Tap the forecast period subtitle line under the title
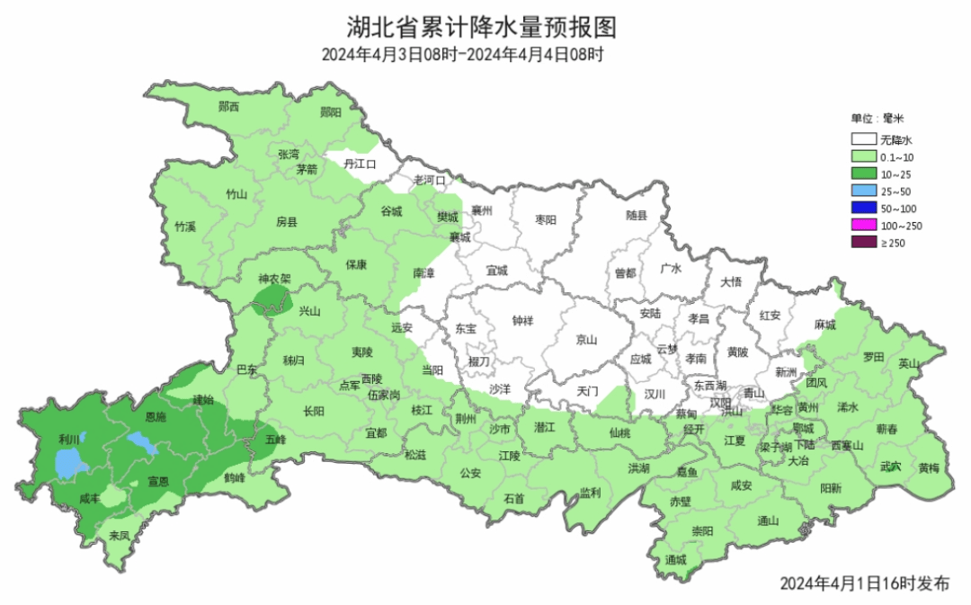[x=462, y=55]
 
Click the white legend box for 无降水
[x=864, y=139]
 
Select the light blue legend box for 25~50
[x=864, y=191]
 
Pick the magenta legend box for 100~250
[x=864, y=226]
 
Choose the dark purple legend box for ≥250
[x=864, y=243]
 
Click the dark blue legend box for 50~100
[x=864, y=209]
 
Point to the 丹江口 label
[x=358, y=164]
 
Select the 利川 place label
[x=69, y=439]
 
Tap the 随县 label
[x=636, y=216]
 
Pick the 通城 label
[x=675, y=559]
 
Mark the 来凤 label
[x=119, y=535]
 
